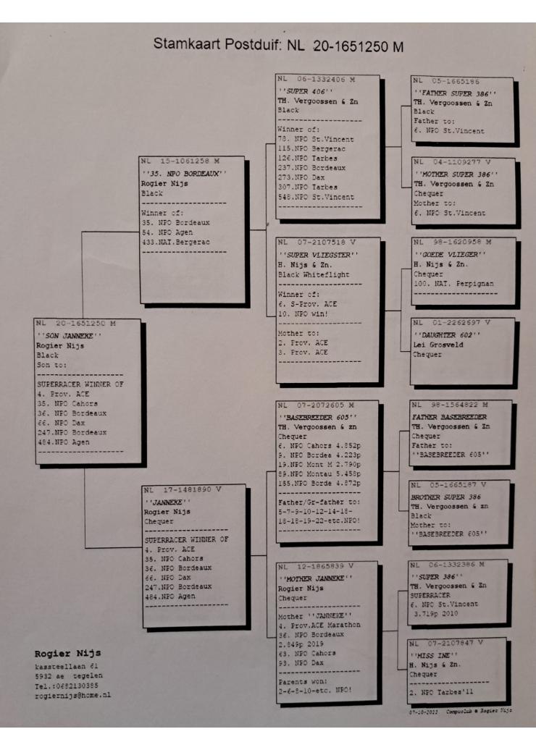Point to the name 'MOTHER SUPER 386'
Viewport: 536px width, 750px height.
pyautogui.click(x=455, y=174)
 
